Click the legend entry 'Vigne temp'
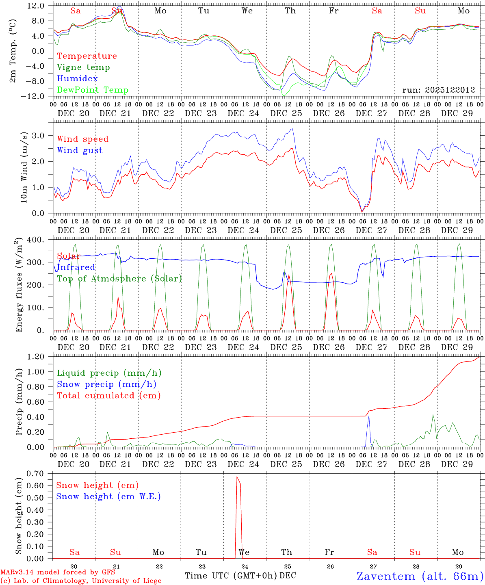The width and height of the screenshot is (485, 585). pyautogui.click(x=83, y=67)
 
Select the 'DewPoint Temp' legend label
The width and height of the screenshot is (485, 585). pyautogui.click(x=93, y=90)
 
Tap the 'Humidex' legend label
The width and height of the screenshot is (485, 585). pyautogui.click(x=77, y=79)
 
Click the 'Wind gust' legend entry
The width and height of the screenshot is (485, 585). pyautogui.click(x=80, y=150)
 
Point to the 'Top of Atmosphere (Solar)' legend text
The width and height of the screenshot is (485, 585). pyautogui.click(x=119, y=279)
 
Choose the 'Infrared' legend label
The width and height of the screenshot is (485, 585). pyautogui.click(x=76, y=267)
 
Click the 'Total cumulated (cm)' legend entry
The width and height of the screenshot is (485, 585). pyautogui.click(x=108, y=396)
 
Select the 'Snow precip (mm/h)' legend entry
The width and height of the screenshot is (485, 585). pyautogui.click(x=106, y=384)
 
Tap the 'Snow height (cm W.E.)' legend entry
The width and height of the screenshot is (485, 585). pyautogui.click(x=108, y=496)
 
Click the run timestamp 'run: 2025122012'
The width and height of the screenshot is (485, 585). pyautogui.click(x=438, y=90)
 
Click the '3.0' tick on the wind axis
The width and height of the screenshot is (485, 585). pyautogui.click(x=42, y=135)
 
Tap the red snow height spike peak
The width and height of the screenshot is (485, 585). pyautogui.click(x=237, y=477)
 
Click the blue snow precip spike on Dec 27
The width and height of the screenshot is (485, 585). pyautogui.click(x=369, y=415)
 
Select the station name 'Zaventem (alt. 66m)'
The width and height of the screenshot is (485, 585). pyautogui.click(x=420, y=576)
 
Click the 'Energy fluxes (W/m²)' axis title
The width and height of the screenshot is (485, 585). pyautogui.click(x=19, y=286)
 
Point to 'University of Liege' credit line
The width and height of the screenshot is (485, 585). pyautogui.click(x=81, y=581)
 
